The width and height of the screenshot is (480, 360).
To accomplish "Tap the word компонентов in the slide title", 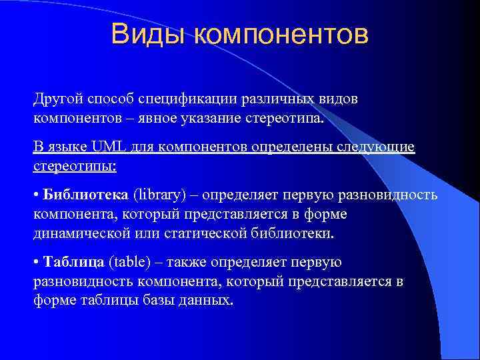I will click(x=281, y=35).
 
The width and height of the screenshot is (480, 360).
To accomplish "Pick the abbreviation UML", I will click(x=102, y=147).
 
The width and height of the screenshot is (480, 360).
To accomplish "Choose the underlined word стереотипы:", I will click(x=75, y=166).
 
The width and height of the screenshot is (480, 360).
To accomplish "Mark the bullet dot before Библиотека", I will click(x=37, y=195).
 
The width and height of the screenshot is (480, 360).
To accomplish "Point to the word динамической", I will click(x=79, y=233).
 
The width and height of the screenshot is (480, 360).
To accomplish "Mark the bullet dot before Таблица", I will click(x=37, y=263).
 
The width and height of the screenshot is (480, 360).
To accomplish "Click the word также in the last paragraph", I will click(x=190, y=262).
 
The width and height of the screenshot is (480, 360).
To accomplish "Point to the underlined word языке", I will click(x=66, y=147).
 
